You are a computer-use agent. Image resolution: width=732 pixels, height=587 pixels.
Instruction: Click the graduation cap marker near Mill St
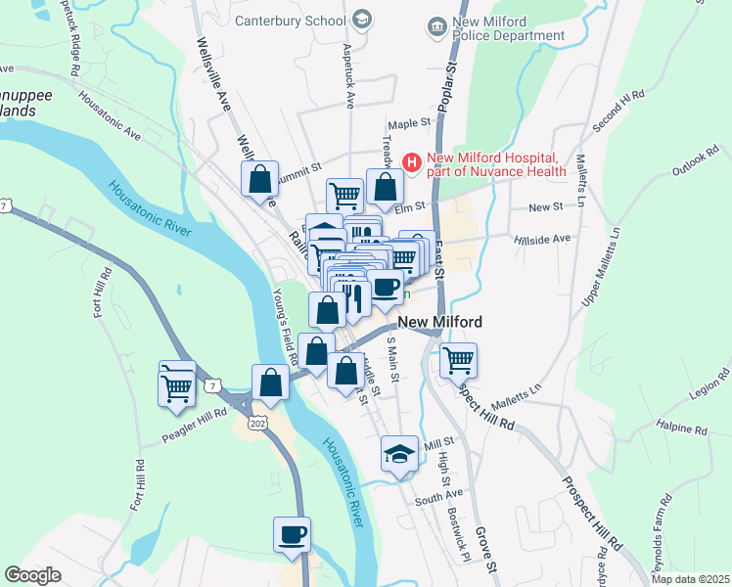pos(399,453)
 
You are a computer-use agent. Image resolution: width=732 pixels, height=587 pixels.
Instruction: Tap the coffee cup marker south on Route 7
pos(292,534)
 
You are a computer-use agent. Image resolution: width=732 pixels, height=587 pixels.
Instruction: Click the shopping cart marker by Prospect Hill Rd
pos(458,360)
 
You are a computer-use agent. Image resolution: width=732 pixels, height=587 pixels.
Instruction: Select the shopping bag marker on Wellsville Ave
pos(260,180)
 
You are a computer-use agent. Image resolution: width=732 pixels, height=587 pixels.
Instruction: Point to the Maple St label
pos(409,124)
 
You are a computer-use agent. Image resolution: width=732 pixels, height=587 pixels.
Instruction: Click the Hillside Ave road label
pos(548,238)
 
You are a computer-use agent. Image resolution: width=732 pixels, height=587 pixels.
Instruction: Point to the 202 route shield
pos(257,423)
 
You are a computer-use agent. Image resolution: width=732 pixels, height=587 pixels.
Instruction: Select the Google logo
pos(33,575)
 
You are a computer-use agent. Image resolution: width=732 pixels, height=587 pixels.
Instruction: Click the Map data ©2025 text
pos(690,579)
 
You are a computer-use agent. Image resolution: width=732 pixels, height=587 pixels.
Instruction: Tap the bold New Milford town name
pos(439,322)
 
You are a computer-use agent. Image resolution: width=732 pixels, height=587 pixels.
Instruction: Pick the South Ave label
pos(437,499)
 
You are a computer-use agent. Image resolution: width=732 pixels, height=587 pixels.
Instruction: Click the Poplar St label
pos(450,86)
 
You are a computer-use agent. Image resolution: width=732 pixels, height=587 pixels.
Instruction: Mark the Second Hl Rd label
pos(618,112)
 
